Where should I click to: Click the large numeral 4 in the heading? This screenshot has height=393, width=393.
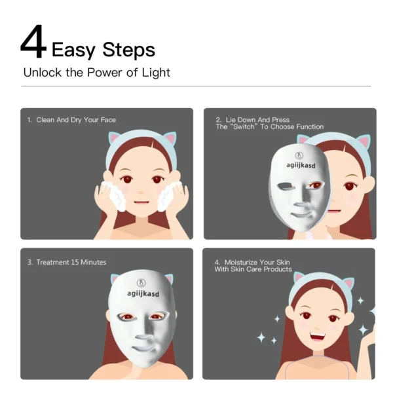click(x=33, y=42)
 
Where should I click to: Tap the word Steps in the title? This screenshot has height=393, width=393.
click(x=129, y=50)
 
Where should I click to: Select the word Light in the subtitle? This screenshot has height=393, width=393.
click(x=156, y=73)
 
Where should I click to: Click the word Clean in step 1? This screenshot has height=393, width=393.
click(x=45, y=120)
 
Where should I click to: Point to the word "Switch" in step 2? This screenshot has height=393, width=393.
click(x=244, y=126)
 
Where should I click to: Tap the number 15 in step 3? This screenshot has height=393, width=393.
click(x=75, y=262)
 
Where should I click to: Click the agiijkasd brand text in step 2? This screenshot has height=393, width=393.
click(x=301, y=166)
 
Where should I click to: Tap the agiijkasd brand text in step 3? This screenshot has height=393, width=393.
click(x=143, y=293)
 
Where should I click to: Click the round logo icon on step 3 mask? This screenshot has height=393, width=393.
click(x=141, y=283)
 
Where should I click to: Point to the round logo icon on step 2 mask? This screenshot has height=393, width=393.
click(x=299, y=156)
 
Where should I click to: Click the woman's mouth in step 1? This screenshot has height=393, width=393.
click(x=141, y=202)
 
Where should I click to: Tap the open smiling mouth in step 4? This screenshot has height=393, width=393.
click(x=318, y=336)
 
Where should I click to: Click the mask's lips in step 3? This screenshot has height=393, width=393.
click(x=144, y=348)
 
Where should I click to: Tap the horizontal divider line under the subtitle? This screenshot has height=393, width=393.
click(x=196, y=86)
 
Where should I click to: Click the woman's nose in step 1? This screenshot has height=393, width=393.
click(x=141, y=193)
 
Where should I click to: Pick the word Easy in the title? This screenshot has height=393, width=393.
click(x=73, y=50)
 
